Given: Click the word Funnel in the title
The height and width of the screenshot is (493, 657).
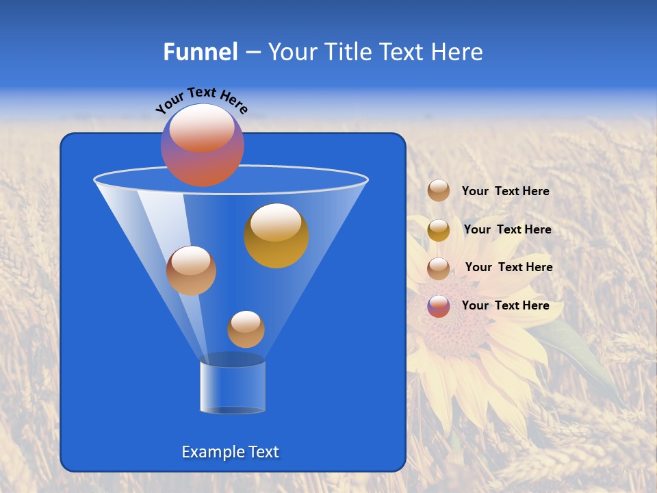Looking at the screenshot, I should click(x=200, y=52).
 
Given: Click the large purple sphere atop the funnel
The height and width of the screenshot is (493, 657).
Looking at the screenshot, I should click(x=202, y=145).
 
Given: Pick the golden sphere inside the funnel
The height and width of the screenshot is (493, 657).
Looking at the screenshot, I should click(x=276, y=236).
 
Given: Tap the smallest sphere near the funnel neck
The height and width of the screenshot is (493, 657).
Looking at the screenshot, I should click(x=246, y=329).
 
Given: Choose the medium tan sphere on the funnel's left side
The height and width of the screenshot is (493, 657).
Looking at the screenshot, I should click(x=191, y=270).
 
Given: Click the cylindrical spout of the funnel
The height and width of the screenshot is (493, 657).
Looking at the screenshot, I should click(x=232, y=387).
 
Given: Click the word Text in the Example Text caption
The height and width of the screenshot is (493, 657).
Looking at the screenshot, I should click(x=263, y=452).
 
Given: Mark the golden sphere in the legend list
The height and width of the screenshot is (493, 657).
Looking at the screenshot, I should click(x=439, y=230).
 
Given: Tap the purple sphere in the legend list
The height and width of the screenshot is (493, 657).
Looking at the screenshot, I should click(x=439, y=306).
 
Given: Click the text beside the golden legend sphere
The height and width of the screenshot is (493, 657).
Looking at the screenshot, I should click(x=507, y=229).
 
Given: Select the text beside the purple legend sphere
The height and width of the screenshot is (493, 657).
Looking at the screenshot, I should click(x=506, y=305).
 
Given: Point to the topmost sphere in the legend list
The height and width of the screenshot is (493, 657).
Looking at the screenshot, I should click(x=439, y=190).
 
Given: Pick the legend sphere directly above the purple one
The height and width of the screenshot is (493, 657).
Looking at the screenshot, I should click(x=439, y=268).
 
